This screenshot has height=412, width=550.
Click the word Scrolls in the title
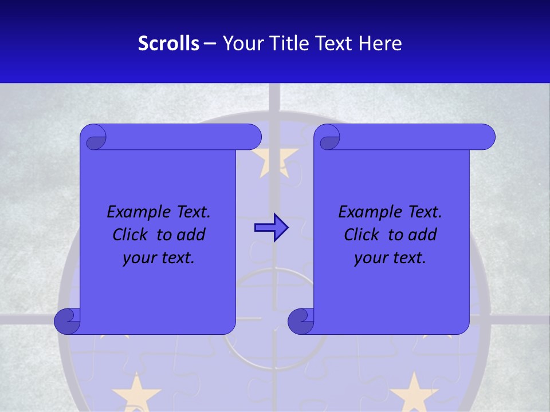pyautogui.click(x=168, y=43)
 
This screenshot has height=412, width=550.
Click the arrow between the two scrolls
pyautogui.click(x=271, y=228)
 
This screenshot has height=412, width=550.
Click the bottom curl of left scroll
pyautogui.click(x=67, y=321)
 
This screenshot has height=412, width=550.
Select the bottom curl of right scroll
pyautogui.click(x=301, y=321)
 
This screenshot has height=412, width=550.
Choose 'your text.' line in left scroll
pyautogui.click(x=159, y=257)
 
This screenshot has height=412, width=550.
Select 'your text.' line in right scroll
pyautogui.click(x=390, y=257)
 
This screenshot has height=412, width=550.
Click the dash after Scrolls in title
pyautogui.click(x=210, y=43)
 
